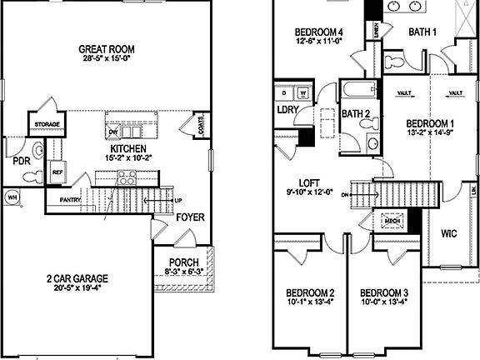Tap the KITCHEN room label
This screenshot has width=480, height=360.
tap(123, 147)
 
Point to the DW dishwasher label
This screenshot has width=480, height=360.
tap(112, 132)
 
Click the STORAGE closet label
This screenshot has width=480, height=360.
tap(46, 124)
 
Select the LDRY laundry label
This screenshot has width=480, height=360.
tap(288, 110)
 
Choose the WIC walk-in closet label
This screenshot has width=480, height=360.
tap(448, 232)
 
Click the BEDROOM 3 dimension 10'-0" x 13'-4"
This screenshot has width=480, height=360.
tap(383, 303)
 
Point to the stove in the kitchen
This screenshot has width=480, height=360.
tap(126, 177)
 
